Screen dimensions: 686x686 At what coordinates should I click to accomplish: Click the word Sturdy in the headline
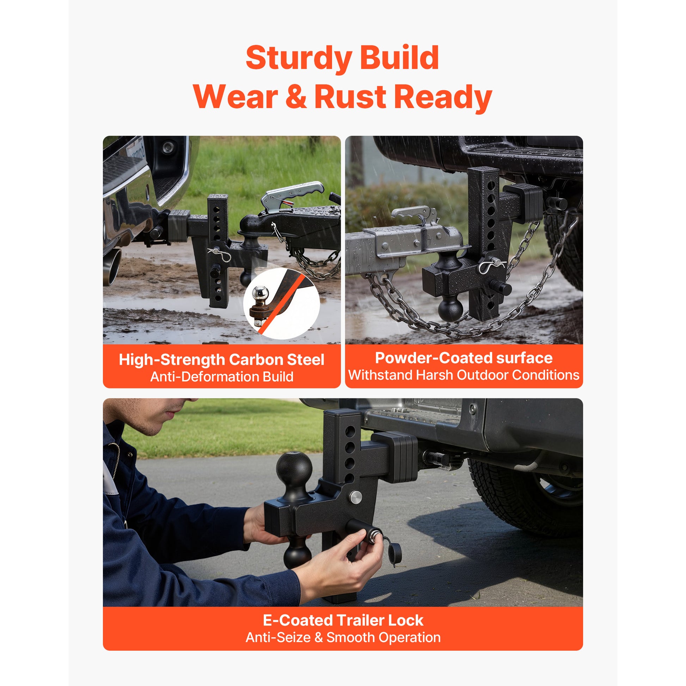pyautogui.click(x=299, y=58)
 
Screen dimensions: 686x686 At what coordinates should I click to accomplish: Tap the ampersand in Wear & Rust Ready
pyautogui.click(x=295, y=97)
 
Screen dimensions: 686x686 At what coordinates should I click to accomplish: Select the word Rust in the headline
pyautogui.click(x=350, y=97)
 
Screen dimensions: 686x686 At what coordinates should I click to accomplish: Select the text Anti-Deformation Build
pyautogui.click(x=222, y=377)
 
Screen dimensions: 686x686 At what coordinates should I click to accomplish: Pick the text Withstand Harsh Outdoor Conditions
pyautogui.click(x=464, y=375)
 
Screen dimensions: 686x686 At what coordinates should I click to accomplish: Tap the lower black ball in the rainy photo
pyautogui.click(x=450, y=309)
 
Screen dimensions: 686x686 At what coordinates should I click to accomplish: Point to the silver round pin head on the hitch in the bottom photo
pyautogui.click(x=356, y=497)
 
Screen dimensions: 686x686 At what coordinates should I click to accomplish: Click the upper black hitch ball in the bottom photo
pyautogui.click(x=294, y=468)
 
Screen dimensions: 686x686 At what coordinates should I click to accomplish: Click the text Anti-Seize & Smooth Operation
pyautogui.click(x=343, y=637)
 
